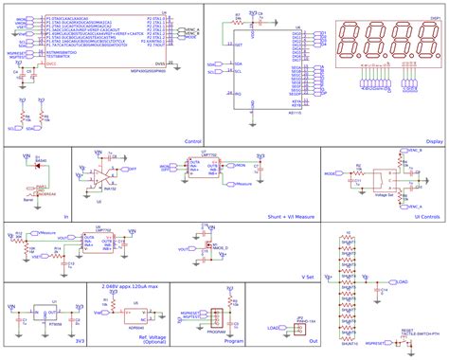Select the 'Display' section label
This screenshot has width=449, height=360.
click(x=434, y=140)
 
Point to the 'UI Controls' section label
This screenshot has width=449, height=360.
click(x=427, y=216)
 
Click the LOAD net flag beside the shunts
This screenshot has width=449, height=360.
click(x=402, y=282)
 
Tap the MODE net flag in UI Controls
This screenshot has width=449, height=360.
click(x=332, y=174)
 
